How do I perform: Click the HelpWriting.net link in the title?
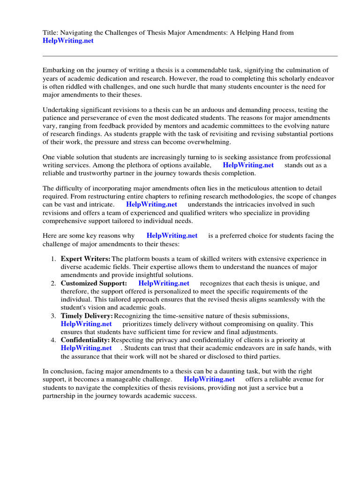(68, 41)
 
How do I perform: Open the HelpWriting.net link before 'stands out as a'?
(248, 165)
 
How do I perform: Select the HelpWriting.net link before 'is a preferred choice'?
(172, 236)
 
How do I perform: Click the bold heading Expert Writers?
(86, 259)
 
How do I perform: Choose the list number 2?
(53, 283)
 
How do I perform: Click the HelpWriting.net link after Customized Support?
(164, 283)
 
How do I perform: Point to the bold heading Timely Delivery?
(87, 316)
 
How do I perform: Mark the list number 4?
(53, 339)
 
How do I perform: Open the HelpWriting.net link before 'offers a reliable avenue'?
(209, 379)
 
